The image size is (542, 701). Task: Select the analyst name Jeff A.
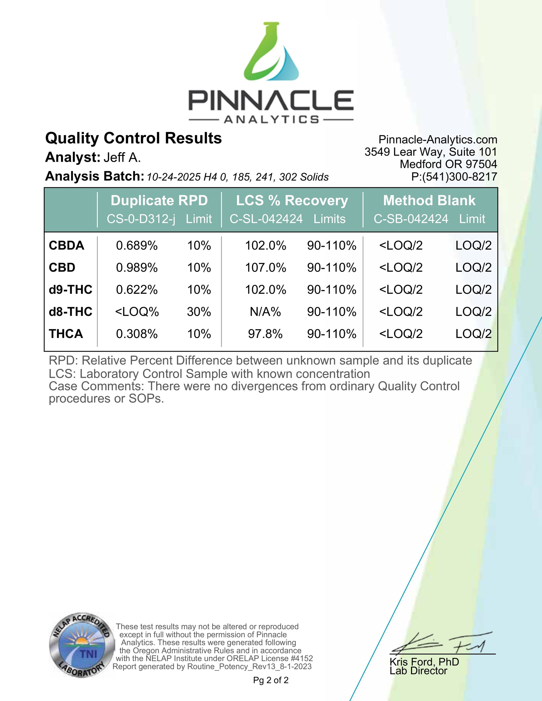(x=122, y=158)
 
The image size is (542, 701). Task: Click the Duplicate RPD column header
(x=159, y=201)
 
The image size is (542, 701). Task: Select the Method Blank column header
(x=429, y=201)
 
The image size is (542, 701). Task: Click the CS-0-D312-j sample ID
(x=141, y=219)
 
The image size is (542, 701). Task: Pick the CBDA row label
(x=67, y=246)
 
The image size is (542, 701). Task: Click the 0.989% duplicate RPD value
(x=137, y=268)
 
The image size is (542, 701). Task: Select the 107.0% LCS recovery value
(x=265, y=268)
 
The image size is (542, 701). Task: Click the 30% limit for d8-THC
(x=199, y=312)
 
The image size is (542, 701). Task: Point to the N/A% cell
(x=265, y=312)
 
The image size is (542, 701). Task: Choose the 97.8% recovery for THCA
(x=265, y=334)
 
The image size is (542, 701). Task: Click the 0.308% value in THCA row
(x=137, y=334)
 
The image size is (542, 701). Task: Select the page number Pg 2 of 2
(x=271, y=680)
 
